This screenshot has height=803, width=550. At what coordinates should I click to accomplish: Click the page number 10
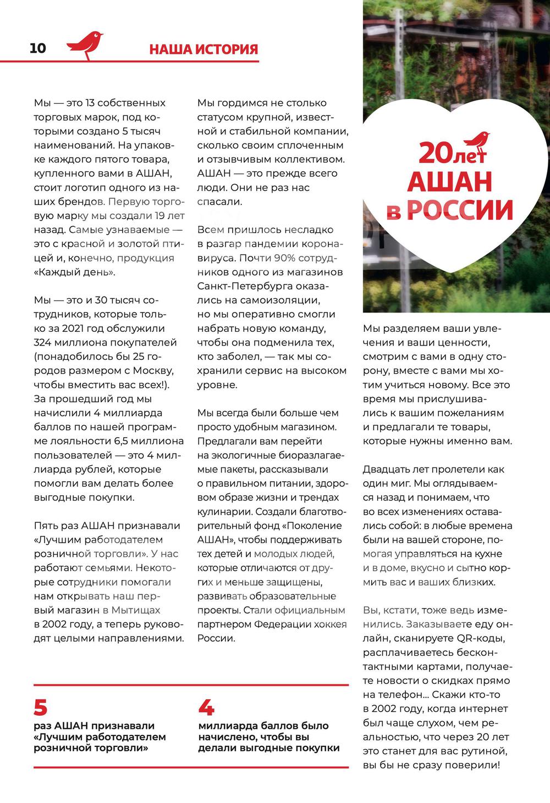[38, 48]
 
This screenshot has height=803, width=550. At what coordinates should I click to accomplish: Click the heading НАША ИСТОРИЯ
[204, 49]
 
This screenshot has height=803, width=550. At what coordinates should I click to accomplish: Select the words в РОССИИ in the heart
[449, 210]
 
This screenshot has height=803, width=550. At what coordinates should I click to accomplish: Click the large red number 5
[41, 707]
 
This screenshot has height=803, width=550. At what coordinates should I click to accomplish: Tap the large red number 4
[206, 707]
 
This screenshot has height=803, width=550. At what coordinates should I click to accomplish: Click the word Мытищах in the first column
[136, 610]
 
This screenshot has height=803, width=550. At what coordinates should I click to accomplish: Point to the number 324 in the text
[44, 343]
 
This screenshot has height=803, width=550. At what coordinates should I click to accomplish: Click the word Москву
[155, 371]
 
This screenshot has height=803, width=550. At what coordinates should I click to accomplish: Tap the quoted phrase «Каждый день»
[75, 272]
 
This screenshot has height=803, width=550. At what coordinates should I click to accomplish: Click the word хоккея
[330, 624]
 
